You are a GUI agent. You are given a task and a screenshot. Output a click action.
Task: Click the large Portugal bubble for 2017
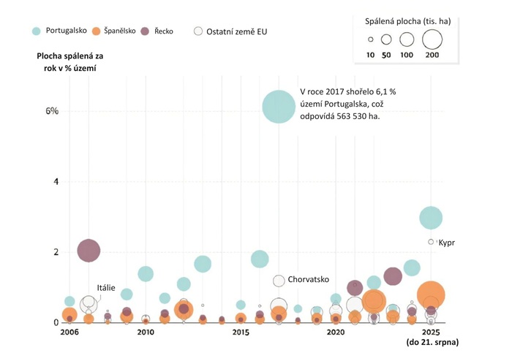[278, 107]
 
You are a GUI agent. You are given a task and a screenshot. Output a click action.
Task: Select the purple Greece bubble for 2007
[89, 251]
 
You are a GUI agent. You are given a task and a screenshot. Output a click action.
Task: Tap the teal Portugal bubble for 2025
[431, 217]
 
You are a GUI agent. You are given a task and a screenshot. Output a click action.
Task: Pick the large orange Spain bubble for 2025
[431, 294]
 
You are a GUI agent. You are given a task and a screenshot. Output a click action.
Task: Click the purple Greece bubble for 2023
[393, 276]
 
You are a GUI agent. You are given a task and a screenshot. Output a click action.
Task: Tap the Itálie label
[107, 288]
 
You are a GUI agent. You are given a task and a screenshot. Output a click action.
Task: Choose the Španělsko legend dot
[96, 31]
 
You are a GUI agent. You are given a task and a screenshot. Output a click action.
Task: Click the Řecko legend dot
[145, 31]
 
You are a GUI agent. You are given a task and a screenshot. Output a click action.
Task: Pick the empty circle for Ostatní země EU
[198, 31]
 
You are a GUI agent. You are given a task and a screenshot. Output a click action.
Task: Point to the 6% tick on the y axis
[52, 111]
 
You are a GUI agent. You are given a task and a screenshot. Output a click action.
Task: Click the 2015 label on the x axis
[241, 332]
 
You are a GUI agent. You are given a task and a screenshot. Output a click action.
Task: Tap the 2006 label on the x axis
[69, 332]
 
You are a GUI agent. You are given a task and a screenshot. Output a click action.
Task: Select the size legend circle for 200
[432, 39]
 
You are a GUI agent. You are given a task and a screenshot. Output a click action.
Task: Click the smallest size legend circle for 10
[371, 39]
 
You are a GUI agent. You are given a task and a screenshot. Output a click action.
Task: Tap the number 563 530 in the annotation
[347, 116]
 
